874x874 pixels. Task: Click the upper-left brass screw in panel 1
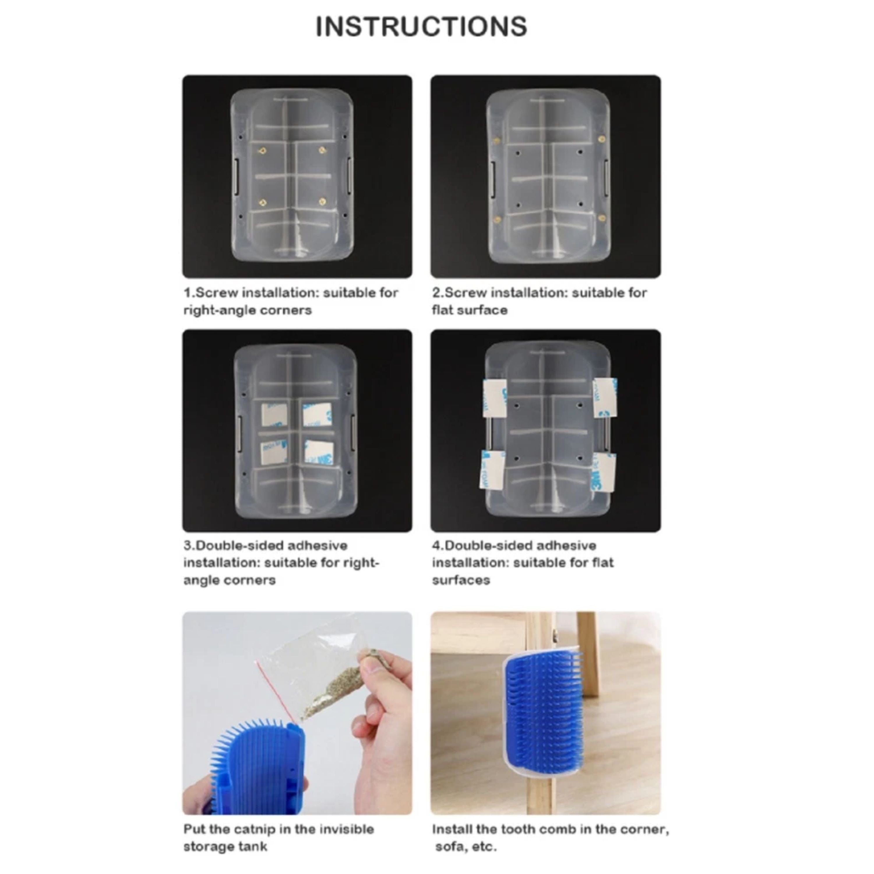tap(262, 151)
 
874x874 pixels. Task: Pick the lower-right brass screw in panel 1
tap(322, 202)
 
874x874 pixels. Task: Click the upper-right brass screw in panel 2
tap(601, 139)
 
